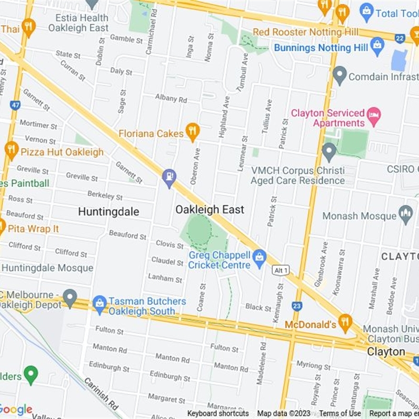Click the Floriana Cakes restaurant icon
pyautogui.click(x=192, y=132)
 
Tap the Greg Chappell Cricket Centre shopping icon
pyautogui.click(x=259, y=257)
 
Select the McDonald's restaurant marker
pyautogui.click(x=345, y=323)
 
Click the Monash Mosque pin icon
pyautogui.click(x=405, y=214)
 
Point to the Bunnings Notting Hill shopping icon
pyautogui.click(x=377, y=47)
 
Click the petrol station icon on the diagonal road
pyautogui.click(x=169, y=178)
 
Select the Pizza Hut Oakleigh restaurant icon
pyautogui.click(x=12, y=150)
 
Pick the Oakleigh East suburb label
pyautogui.click(x=210, y=210)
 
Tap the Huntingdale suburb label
pyautogui.click(x=108, y=212)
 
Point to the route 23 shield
pyautogui.click(x=297, y=306)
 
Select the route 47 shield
pyautogui.click(x=15, y=105)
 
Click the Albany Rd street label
pyautogui.click(x=171, y=98)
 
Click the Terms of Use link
pyautogui.click(x=340, y=413)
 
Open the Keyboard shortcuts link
pyautogui.click(x=217, y=413)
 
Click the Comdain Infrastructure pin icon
pyautogui.click(x=340, y=75)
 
